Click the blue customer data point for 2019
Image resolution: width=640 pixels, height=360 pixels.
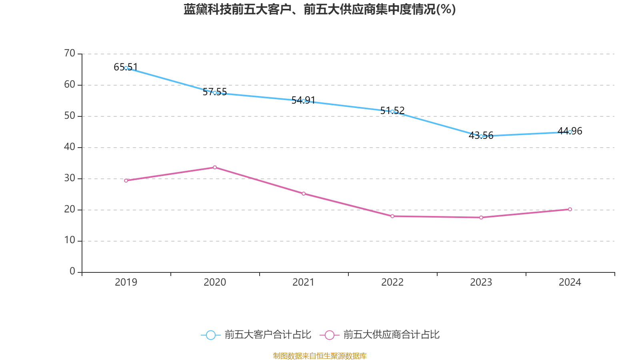[x=126, y=68]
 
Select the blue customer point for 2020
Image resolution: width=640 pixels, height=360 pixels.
[x=215, y=93]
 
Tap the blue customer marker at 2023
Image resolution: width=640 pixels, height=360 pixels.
[x=481, y=136]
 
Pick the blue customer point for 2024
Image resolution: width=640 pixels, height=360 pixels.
[x=570, y=132]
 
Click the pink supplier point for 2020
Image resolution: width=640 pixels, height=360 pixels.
[x=215, y=167]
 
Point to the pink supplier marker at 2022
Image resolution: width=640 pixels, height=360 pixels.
[x=392, y=216]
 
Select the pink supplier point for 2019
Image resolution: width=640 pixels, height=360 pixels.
[x=126, y=180]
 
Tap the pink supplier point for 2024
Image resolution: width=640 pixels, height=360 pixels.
[x=570, y=209]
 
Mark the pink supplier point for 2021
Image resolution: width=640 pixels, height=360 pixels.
[x=304, y=194]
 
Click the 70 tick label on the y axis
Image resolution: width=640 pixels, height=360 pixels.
[x=70, y=53]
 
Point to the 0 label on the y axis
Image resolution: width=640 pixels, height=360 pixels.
[x=72, y=272]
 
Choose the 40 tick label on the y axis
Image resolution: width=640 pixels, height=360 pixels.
[x=70, y=147]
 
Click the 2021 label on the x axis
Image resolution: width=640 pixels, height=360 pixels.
[x=304, y=282]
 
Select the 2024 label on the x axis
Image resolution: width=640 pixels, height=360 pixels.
[x=570, y=282]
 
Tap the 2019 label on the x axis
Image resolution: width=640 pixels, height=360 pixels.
[x=126, y=282]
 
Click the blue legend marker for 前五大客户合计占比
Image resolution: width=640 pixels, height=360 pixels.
[x=211, y=335]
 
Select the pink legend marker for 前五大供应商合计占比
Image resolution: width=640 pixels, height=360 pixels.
[x=330, y=335]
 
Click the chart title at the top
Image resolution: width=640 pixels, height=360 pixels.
[x=320, y=9]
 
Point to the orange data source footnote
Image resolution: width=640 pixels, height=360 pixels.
[x=320, y=356]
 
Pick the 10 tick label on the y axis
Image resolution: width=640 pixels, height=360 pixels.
[x=70, y=240]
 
